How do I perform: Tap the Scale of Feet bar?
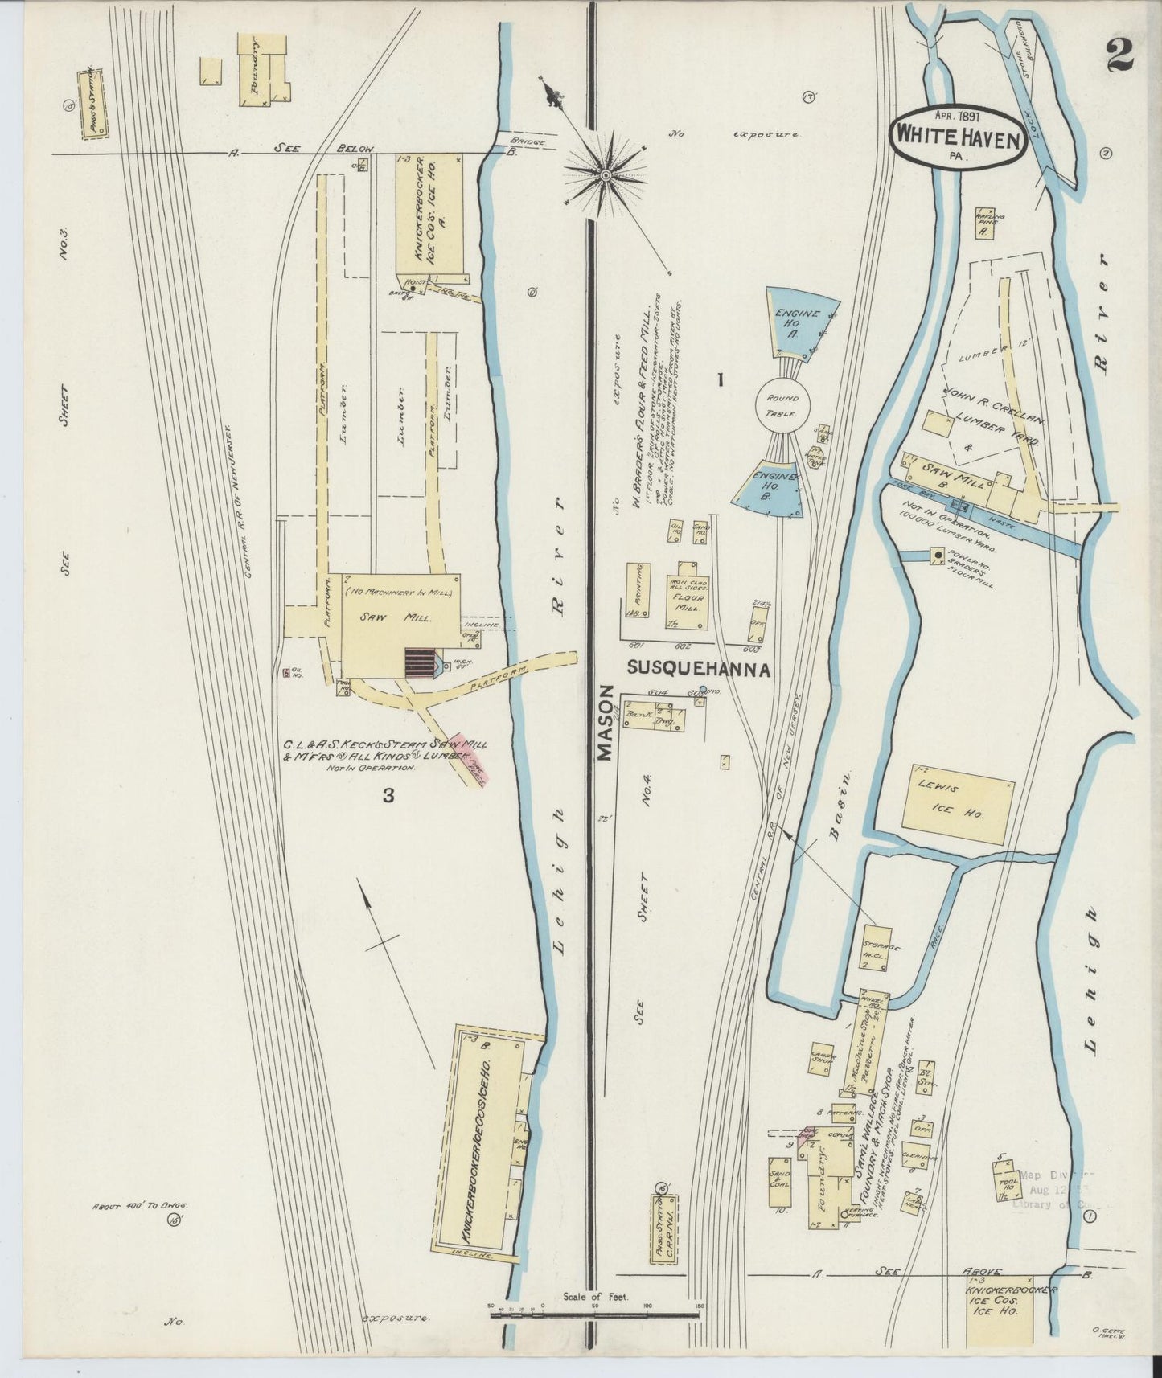pos(595,1315)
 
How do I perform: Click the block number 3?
pos(388,796)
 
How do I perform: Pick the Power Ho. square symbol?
pos(938,555)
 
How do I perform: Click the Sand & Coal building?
pos(778,1183)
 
